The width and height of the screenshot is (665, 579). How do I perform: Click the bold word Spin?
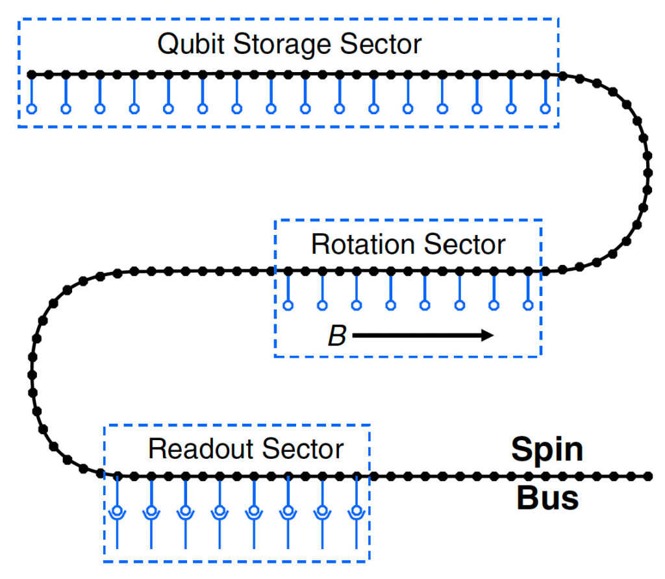547,450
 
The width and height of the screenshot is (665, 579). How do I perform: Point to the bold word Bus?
547,498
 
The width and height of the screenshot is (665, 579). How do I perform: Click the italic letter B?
336,336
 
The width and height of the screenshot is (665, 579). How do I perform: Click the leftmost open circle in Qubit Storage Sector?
31,108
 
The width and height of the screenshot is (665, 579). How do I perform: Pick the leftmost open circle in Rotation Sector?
288,304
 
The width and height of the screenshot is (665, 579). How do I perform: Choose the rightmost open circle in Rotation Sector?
529,304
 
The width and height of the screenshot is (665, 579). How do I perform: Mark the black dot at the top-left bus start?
31,75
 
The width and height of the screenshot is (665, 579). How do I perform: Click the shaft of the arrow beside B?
416,336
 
